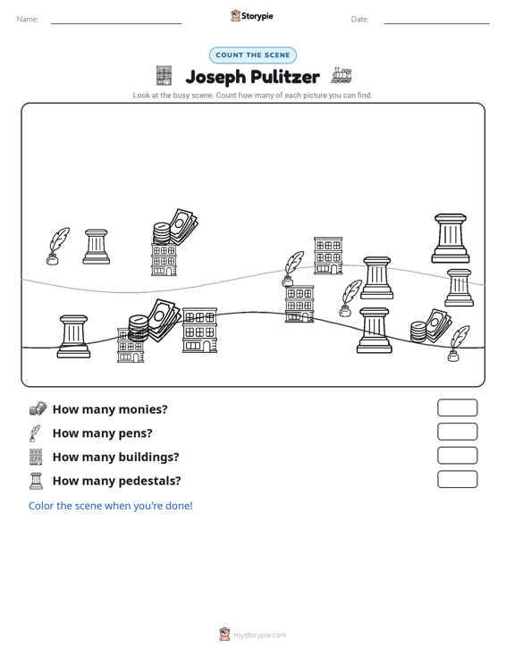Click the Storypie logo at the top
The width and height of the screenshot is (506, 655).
252,16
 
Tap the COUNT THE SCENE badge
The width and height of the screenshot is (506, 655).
253,55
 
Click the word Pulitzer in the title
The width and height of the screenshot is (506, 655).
285,77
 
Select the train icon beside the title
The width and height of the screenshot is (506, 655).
342,76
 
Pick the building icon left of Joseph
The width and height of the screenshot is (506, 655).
164,76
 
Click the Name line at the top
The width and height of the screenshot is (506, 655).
116,23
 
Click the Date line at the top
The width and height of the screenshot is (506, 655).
436,23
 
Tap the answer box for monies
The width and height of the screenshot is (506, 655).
457,407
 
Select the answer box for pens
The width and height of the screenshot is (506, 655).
457,432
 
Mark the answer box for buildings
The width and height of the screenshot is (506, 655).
457,456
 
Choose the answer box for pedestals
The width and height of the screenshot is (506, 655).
457,479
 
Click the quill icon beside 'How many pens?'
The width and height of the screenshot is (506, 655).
35,433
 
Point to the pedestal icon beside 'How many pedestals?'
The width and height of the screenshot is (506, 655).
37,481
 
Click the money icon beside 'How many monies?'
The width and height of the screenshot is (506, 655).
38,408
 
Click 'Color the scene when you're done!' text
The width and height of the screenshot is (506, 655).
110,506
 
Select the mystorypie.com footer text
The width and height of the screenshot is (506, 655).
260,635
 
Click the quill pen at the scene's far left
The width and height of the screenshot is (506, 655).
57,246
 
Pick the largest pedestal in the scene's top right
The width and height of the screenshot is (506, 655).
451,238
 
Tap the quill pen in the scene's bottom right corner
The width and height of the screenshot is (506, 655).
459,343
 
